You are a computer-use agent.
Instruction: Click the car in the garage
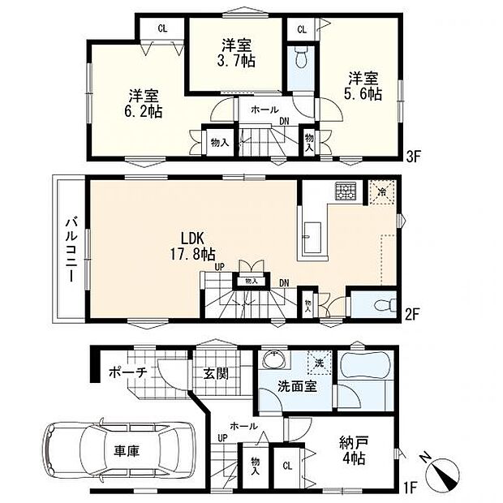118,451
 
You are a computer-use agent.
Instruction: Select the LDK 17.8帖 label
192,246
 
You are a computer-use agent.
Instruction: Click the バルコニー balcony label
71,250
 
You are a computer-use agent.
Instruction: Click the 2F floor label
412,315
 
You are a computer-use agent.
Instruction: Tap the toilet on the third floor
301,58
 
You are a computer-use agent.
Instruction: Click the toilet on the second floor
385,305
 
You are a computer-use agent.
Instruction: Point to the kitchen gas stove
345,191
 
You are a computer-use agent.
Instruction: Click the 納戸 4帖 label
354,450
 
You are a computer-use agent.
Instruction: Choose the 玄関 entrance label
217,373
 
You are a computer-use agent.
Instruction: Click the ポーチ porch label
128,372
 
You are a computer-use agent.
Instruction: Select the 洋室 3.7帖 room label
237,53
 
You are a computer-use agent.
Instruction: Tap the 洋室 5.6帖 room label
363,86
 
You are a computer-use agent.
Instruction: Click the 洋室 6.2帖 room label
143,103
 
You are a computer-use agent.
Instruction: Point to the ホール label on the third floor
264,110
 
